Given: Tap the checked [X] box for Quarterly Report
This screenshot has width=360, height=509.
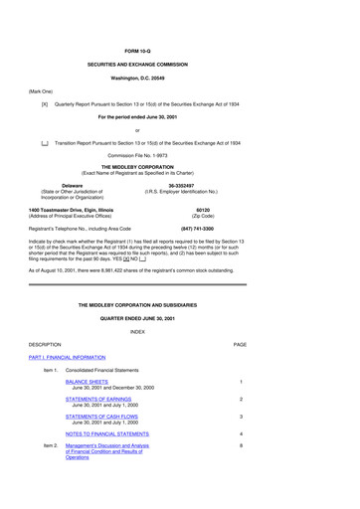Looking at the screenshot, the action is (45, 102).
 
